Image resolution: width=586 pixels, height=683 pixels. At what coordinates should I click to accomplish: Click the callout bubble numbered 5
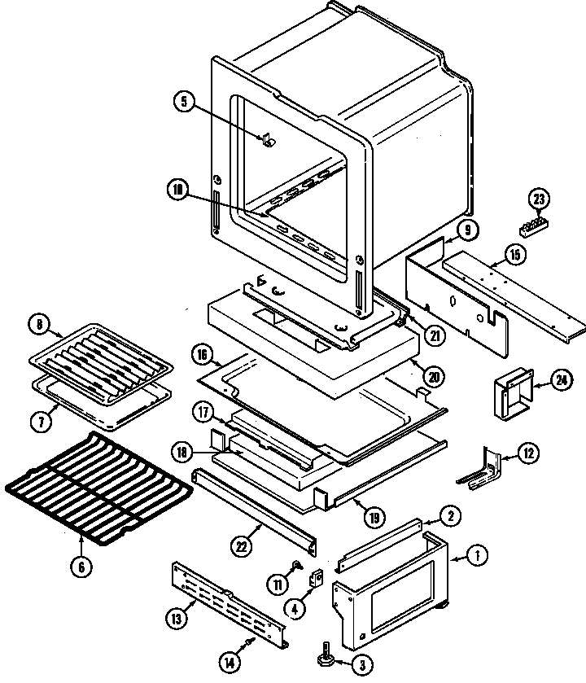coord(184,102)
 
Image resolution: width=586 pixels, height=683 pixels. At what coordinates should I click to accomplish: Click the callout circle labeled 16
coord(203,354)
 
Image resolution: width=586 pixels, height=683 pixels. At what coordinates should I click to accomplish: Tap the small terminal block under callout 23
coord(532,224)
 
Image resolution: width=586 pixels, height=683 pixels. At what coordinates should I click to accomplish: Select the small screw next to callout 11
coord(298,565)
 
